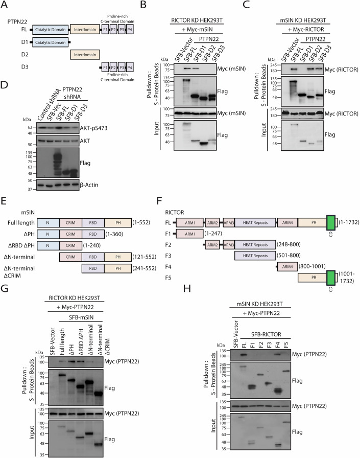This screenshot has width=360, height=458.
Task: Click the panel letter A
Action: [x=4, y=5]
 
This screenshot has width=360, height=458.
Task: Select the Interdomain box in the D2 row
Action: [x=85, y=55]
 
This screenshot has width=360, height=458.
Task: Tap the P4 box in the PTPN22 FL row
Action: [x=130, y=30]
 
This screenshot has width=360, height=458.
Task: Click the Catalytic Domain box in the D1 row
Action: [x=50, y=42]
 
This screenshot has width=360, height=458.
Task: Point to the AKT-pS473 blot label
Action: [x=93, y=128]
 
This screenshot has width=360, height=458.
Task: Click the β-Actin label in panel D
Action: [x=89, y=185]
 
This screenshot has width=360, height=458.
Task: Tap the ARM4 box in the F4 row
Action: [x=287, y=266]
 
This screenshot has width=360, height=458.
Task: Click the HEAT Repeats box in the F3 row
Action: [x=255, y=256]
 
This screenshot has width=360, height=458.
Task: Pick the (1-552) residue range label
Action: [x=141, y=222]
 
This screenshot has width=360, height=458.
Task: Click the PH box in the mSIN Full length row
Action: [x=118, y=222]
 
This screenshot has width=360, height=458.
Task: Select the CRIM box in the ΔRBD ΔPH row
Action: [x=70, y=245]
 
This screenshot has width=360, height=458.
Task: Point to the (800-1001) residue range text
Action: [x=312, y=266]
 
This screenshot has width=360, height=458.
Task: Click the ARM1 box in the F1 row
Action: [x=190, y=234]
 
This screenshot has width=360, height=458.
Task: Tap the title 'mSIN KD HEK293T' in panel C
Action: [x=303, y=20]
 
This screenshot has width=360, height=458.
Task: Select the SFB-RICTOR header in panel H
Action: [x=266, y=334]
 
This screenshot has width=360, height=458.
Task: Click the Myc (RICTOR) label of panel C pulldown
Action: [x=341, y=70]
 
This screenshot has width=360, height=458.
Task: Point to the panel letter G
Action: [x=5, y=288]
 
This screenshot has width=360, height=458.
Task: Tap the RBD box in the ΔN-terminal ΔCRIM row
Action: [x=93, y=268]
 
